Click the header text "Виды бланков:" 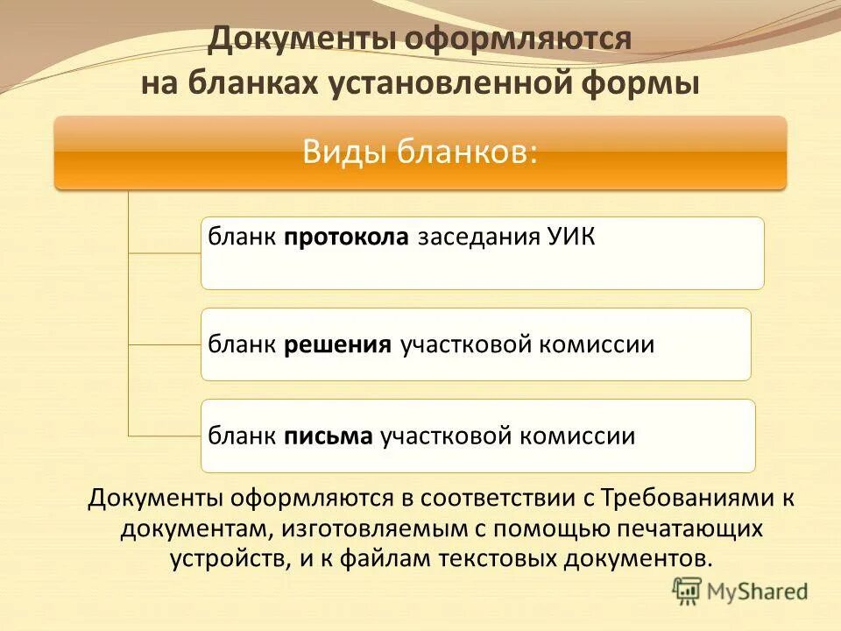[x=420, y=152]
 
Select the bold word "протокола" [x=346, y=238]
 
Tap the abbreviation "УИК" [x=569, y=238]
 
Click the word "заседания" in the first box [x=470, y=238]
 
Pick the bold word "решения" [x=337, y=344]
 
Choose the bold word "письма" [x=328, y=436]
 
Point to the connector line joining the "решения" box [x=165, y=344]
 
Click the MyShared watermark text [x=758, y=592]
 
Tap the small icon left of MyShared [x=687, y=591]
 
